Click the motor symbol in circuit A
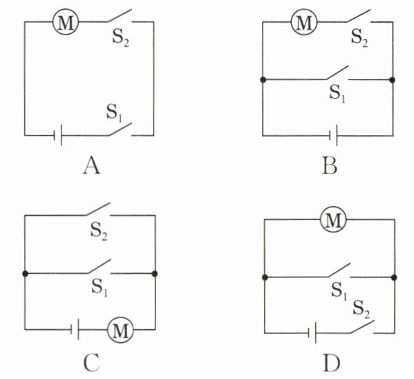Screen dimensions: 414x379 click(x=66, y=22)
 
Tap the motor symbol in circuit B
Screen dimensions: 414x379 click(x=304, y=22)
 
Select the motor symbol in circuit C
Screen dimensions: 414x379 click(x=120, y=330)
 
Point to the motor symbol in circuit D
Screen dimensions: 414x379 click(x=333, y=219)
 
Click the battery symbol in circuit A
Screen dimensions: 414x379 click(x=58, y=136)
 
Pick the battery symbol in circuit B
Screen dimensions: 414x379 click(x=333, y=136)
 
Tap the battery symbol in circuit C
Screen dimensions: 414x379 click(x=75, y=329)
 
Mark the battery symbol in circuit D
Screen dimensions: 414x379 click(x=312, y=333)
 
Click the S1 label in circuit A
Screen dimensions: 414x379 click(x=114, y=113)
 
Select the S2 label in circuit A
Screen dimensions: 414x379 click(x=121, y=39)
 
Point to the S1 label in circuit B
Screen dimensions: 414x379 click(x=337, y=94)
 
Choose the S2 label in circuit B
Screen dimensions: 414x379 click(x=359, y=39)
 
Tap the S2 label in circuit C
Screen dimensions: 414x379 click(x=99, y=232)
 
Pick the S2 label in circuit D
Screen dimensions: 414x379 click(x=361, y=309)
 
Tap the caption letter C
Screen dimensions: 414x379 click(x=91, y=362)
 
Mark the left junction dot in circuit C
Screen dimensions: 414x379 click(x=25, y=274)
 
